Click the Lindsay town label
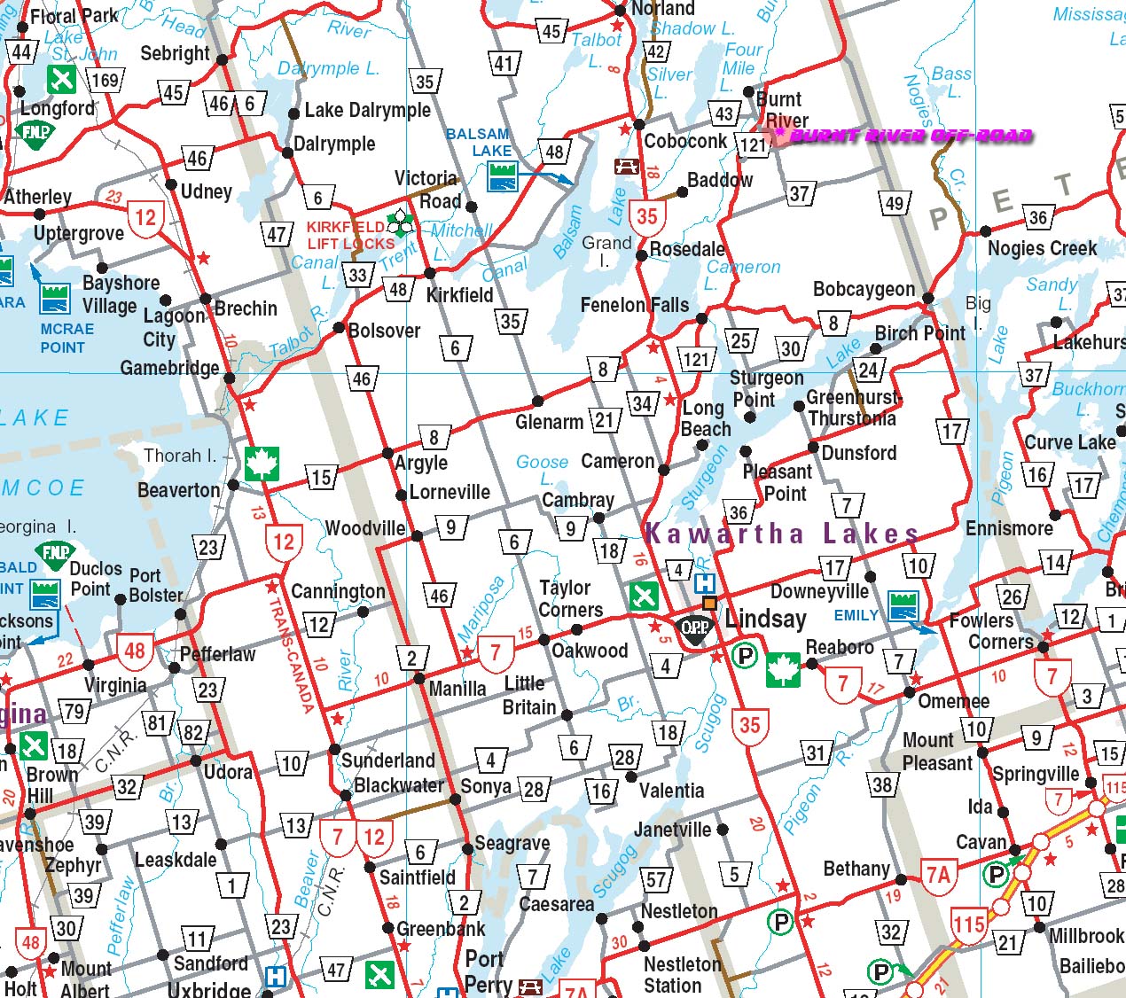pos(765,619)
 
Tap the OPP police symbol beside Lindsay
pos(695,628)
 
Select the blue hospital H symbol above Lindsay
pos(704,583)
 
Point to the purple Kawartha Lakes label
pos(781,534)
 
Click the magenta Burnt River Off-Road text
pos(911,136)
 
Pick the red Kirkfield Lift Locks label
pos(350,235)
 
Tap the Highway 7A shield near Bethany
pos(937,875)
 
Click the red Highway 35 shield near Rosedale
pos(647,216)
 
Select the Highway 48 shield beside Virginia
pos(135,651)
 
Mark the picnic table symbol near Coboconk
pos(627,166)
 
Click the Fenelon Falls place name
pos(634,305)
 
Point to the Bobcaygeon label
pos(864,289)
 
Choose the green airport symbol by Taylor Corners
pos(644,596)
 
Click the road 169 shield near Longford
pos(105,81)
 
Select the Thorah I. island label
pos(180,456)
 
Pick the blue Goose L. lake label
pos(542,469)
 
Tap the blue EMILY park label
pos(856,615)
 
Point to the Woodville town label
pos(364,528)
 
